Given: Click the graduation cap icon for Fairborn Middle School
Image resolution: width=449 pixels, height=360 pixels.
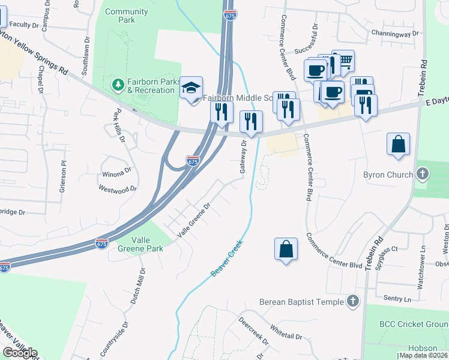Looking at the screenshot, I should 191,88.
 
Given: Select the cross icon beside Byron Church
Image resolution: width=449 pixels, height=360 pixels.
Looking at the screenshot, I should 423,175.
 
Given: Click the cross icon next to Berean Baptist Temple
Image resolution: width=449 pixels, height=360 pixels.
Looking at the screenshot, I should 354,302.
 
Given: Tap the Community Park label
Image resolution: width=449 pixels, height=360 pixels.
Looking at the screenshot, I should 126,16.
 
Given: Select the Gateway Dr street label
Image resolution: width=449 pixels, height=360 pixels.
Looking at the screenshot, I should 244,157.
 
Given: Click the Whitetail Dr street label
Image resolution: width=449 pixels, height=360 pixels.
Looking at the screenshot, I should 286,333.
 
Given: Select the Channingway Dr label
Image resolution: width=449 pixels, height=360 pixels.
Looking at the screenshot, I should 394,34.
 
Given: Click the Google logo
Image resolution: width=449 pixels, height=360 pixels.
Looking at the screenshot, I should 20,353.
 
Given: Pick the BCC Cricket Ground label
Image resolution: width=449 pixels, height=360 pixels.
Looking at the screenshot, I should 413,324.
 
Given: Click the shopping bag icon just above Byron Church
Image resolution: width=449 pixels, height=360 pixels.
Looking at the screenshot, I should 398,145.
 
